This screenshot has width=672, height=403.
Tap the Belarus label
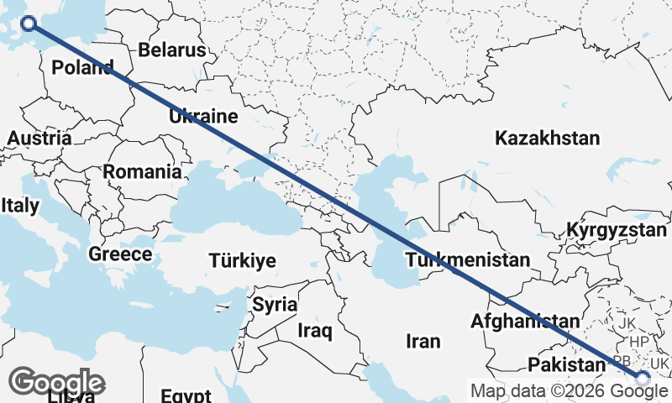(x=171, y=50)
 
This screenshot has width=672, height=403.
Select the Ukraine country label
(x=203, y=117)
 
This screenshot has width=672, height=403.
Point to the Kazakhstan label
(x=548, y=139)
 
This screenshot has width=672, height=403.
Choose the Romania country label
(x=142, y=172)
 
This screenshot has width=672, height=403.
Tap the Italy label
(x=20, y=205)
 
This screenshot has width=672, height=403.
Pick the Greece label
(x=121, y=254)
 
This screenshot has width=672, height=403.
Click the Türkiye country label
(x=242, y=261)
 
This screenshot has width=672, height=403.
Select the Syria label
(x=275, y=304)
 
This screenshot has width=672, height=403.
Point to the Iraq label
(x=315, y=330)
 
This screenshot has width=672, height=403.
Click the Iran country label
(x=423, y=341)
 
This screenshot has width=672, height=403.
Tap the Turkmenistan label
(x=468, y=259)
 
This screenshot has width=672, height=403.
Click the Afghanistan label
(x=525, y=321)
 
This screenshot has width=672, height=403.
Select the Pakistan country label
(x=566, y=364)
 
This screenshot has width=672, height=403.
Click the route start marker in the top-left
(x=29, y=24)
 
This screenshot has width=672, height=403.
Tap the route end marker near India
(x=643, y=379)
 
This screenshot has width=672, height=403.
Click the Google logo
(x=57, y=382)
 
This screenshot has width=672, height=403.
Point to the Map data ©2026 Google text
(x=570, y=390)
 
